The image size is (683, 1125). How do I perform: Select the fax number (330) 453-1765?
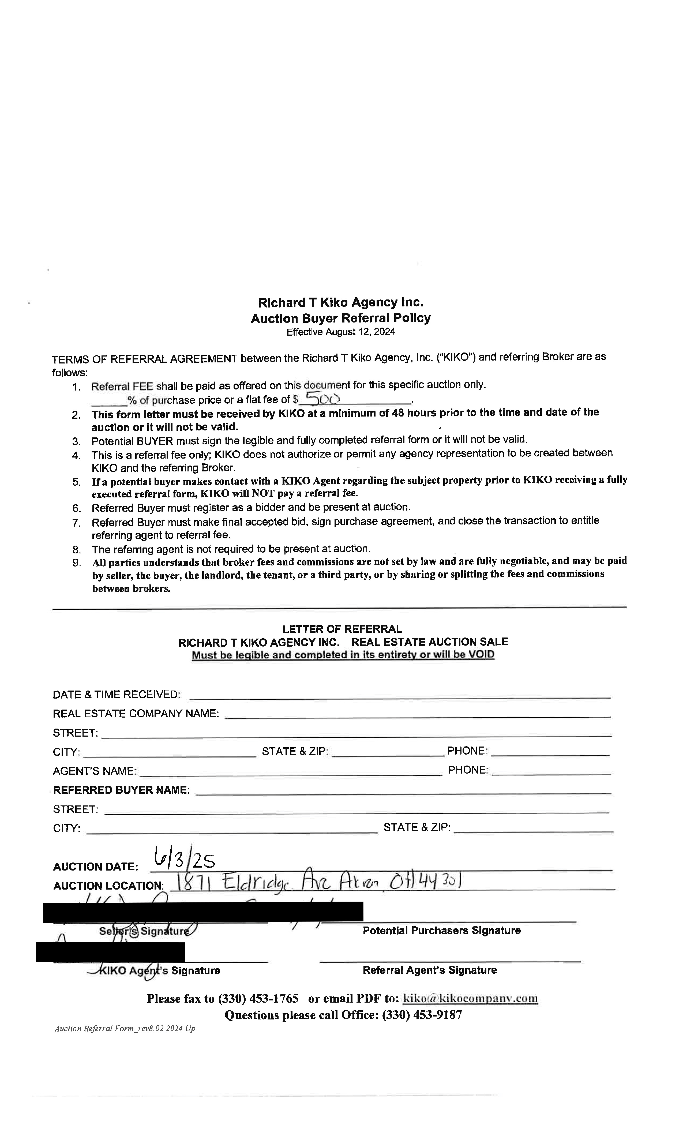[258, 999]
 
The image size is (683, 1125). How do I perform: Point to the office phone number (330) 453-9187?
[422, 1015]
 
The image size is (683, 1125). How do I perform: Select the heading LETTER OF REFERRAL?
[342, 629]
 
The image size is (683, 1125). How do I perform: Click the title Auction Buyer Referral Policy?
[341, 318]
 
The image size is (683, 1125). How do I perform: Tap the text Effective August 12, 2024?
[341, 332]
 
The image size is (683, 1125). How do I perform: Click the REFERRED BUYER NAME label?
[121, 790]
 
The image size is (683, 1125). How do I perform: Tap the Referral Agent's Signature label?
[430, 970]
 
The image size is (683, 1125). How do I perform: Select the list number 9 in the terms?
[76, 562]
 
